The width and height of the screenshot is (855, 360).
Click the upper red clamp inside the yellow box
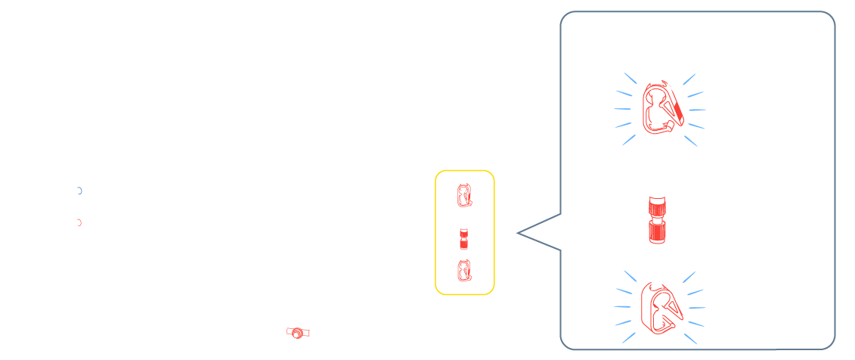pyautogui.click(x=463, y=196)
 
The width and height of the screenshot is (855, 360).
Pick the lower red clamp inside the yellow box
pyautogui.click(x=463, y=268)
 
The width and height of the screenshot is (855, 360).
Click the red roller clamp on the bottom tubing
pyautogui.click(x=299, y=333)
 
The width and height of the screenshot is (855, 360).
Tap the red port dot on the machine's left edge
pyautogui.click(x=79, y=222)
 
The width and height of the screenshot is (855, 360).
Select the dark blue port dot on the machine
pyautogui.click(x=79, y=191)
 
